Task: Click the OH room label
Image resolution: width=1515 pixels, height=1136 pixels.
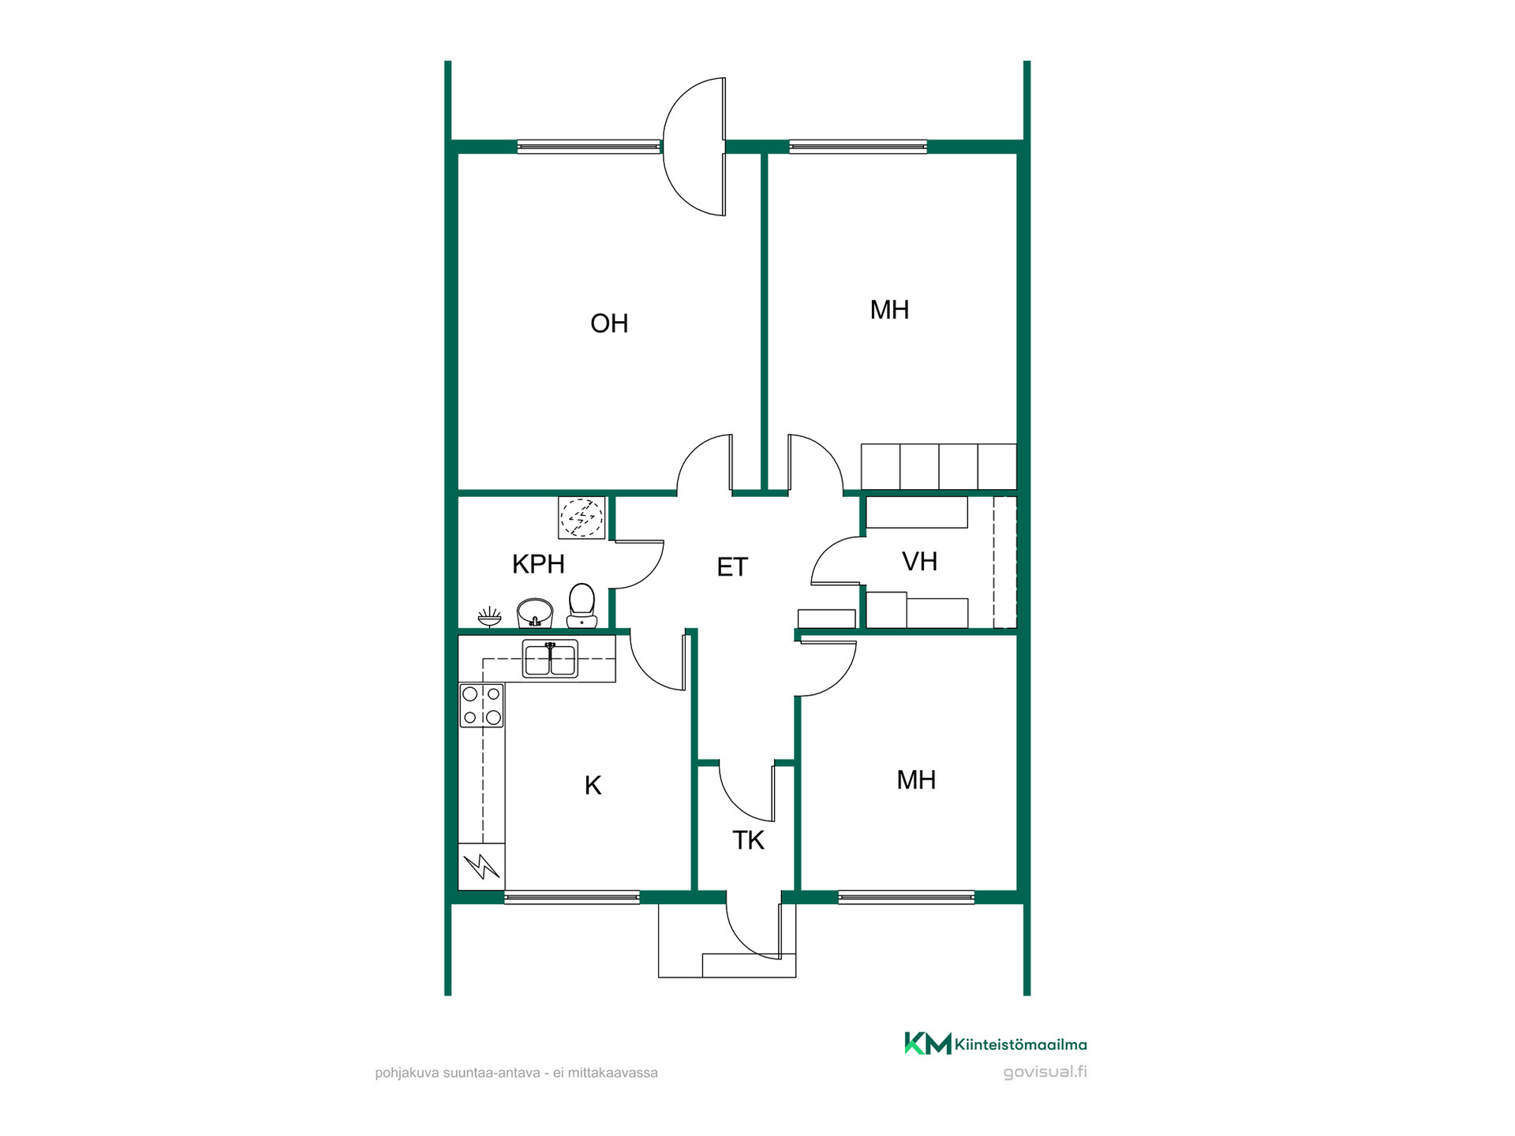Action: tap(609, 323)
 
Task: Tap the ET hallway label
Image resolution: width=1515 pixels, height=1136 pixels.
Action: tap(732, 567)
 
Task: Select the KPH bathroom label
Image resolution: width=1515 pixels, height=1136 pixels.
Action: tap(538, 564)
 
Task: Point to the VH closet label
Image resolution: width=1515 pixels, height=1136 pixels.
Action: tap(919, 562)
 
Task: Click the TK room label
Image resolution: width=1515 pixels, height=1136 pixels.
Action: tap(748, 840)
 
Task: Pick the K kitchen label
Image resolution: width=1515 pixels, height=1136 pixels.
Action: tap(593, 785)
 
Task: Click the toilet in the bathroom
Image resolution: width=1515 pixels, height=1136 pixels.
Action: tap(582, 606)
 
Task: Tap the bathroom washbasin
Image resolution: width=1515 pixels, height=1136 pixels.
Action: tap(535, 613)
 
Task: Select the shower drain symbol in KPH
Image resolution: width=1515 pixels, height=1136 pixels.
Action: tap(582, 518)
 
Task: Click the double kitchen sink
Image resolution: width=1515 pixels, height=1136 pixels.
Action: tap(550, 660)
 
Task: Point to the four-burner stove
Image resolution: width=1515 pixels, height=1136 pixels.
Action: tap(481, 705)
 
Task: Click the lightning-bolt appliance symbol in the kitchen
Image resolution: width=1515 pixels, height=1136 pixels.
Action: tap(481, 867)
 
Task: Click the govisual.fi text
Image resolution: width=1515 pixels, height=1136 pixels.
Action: tap(1045, 1072)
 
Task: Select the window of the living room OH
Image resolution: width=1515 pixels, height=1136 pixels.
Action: tap(589, 147)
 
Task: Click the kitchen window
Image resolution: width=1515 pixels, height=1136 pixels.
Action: tap(572, 897)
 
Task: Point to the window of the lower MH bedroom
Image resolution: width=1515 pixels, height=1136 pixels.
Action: tap(906, 897)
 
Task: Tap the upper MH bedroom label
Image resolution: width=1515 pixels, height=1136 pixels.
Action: tap(889, 310)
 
